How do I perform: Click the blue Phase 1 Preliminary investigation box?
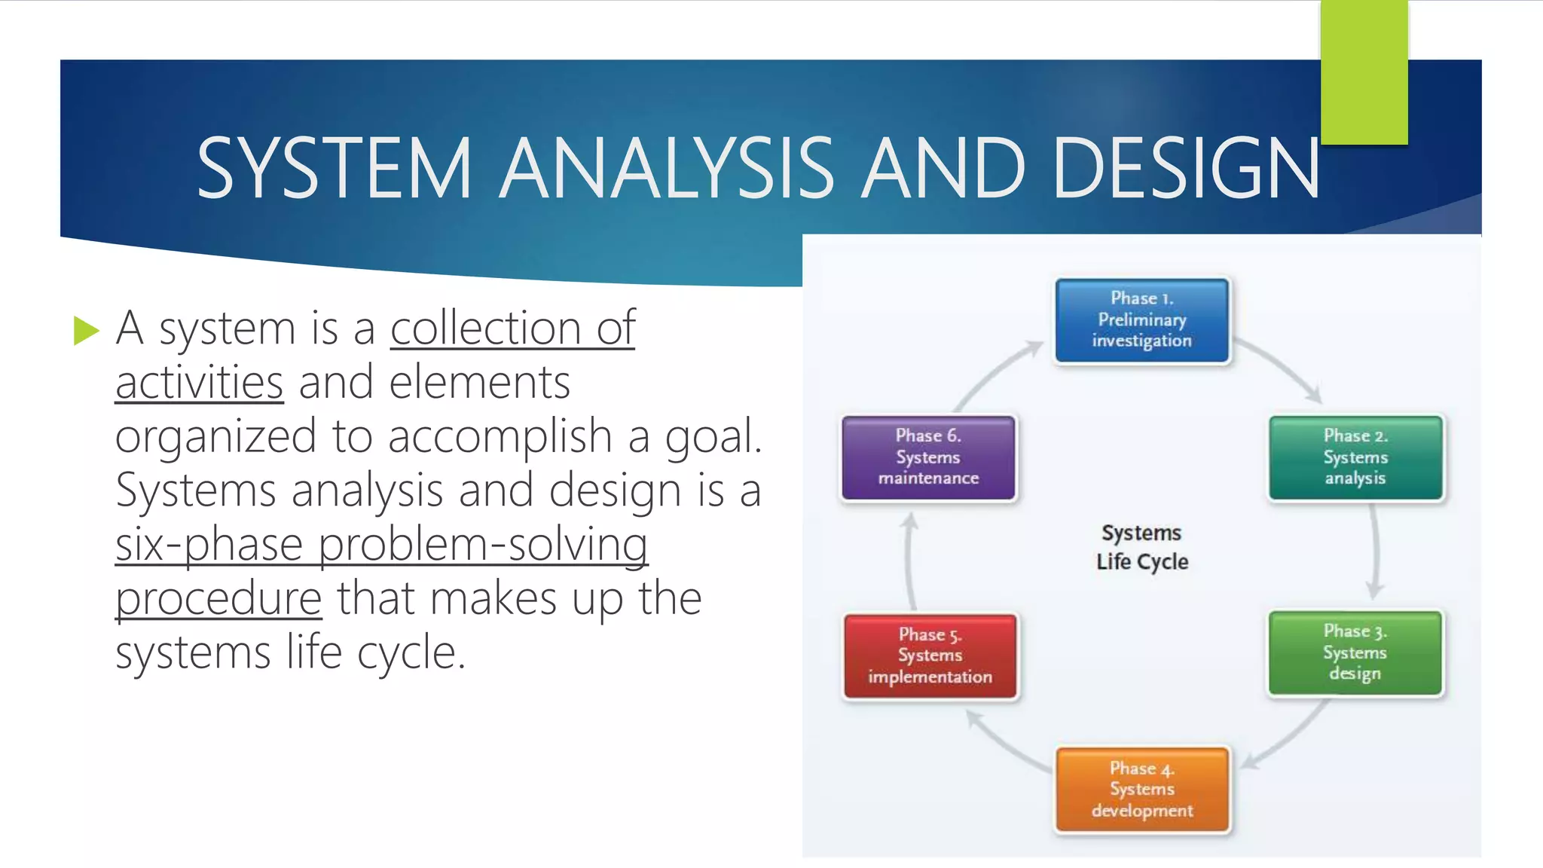[x=1141, y=320]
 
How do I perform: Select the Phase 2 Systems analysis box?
[x=1355, y=457]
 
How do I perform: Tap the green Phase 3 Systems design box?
[x=1355, y=653]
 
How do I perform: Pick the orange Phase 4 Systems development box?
[x=1141, y=790]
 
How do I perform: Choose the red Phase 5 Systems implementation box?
[x=930, y=656]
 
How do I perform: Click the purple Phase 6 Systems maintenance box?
[x=928, y=457]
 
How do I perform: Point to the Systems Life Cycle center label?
[x=1141, y=547]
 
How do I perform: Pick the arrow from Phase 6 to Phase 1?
[x=995, y=372]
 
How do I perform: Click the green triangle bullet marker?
[x=86, y=331]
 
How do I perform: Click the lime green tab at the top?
[x=1364, y=72]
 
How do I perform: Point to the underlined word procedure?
[x=218, y=598]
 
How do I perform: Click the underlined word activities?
[x=199, y=382]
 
